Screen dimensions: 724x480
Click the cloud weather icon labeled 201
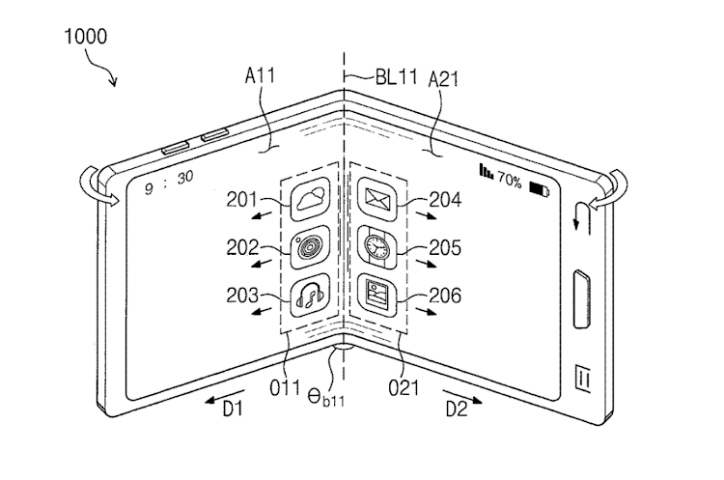tap(311, 200)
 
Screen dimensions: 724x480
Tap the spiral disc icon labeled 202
tap(311, 247)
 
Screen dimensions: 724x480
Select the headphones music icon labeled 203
tap(311, 295)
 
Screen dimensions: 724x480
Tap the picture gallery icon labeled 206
tap(377, 295)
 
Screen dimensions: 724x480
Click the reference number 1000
tap(85, 37)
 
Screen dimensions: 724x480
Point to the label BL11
tap(396, 76)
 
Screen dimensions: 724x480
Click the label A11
tap(260, 74)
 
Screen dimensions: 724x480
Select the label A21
tap(443, 79)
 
